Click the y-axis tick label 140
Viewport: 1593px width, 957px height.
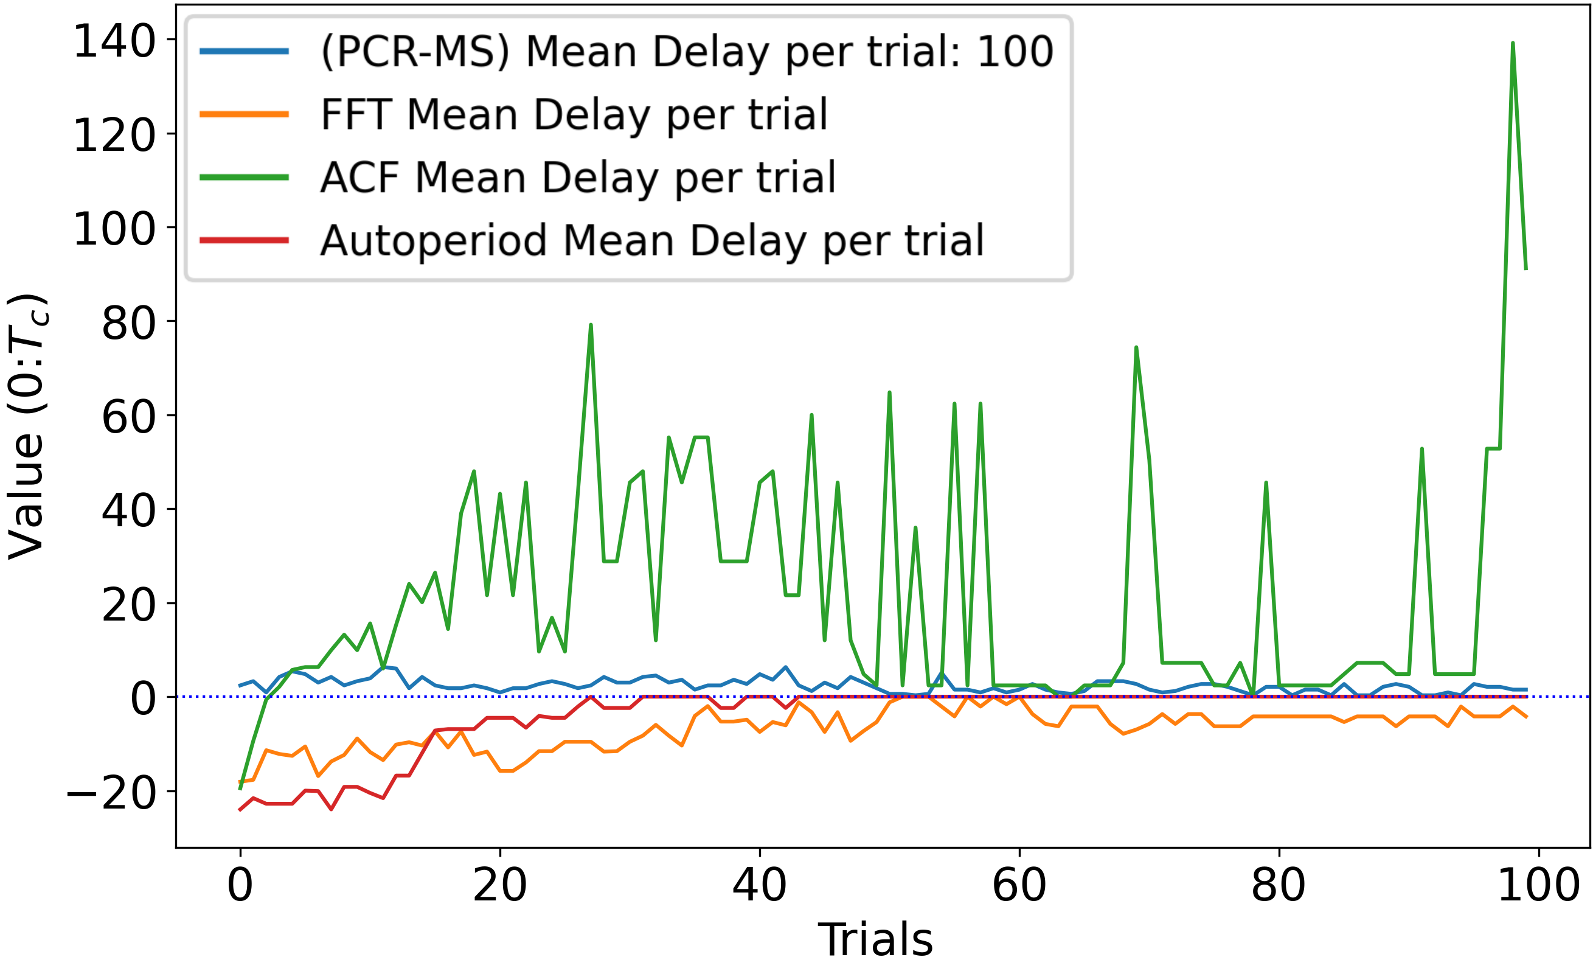point(115,41)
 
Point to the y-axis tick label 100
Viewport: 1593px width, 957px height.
point(115,229)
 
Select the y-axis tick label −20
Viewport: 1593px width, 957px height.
point(111,793)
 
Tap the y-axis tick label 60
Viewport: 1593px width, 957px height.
point(129,417)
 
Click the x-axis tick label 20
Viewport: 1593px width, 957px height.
point(499,885)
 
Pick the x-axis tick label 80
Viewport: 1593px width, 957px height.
point(1278,885)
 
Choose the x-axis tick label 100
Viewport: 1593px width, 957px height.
point(1538,885)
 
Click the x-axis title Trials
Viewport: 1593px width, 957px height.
point(875,939)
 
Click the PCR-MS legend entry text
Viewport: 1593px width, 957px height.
point(687,52)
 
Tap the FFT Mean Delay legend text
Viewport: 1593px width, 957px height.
point(574,115)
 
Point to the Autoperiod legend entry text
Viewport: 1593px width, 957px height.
point(652,240)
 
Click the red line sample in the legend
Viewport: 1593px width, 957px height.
point(244,240)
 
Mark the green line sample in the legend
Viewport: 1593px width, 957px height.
point(244,177)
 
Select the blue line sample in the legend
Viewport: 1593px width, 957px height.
point(244,52)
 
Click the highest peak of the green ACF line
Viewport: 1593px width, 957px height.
point(1513,43)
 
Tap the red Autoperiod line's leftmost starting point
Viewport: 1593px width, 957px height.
point(240,810)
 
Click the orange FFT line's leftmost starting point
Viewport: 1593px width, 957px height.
point(240,782)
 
